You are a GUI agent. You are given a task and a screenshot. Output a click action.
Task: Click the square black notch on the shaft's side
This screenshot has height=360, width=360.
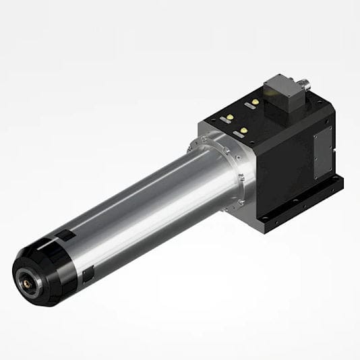coord(87,276)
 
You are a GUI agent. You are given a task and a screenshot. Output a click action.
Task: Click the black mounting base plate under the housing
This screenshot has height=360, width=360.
coord(303,206)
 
